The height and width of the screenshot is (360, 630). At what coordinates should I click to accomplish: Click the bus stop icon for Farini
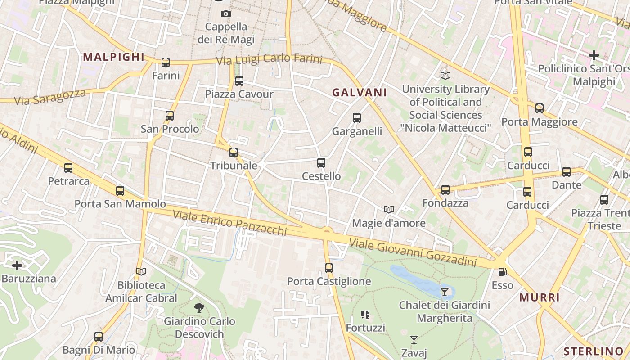(x=166, y=63)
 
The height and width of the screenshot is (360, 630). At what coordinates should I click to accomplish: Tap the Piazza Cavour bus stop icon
(x=239, y=81)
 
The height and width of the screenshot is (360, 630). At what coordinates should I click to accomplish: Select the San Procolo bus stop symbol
(x=170, y=116)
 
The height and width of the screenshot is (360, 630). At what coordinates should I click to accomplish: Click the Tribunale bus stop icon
(x=234, y=153)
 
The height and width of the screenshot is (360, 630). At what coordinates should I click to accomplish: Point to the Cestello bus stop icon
(x=321, y=163)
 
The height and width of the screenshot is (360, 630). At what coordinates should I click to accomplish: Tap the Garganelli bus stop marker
(x=357, y=118)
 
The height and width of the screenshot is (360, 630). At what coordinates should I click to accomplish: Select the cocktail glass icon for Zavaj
(x=414, y=339)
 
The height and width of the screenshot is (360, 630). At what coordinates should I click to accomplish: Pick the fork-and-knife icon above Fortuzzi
(x=365, y=315)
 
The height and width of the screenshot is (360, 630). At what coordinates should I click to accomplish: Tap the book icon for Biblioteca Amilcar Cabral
(x=141, y=271)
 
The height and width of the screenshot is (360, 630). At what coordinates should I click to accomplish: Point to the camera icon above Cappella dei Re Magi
(x=226, y=14)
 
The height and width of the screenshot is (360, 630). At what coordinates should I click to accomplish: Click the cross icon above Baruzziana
(x=17, y=265)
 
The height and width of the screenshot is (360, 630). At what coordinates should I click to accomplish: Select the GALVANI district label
(x=360, y=93)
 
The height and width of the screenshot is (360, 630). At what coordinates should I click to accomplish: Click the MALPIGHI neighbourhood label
(x=114, y=57)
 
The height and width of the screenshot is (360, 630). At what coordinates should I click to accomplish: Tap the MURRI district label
(x=540, y=297)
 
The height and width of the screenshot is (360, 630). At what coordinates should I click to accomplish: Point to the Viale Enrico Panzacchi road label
(x=230, y=223)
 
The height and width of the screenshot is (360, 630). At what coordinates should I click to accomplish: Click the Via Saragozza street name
(x=50, y=97)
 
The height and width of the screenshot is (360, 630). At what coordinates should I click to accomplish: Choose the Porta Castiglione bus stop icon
(x=329, y=268)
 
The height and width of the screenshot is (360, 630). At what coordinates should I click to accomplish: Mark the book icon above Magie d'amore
(x=389, y=210)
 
